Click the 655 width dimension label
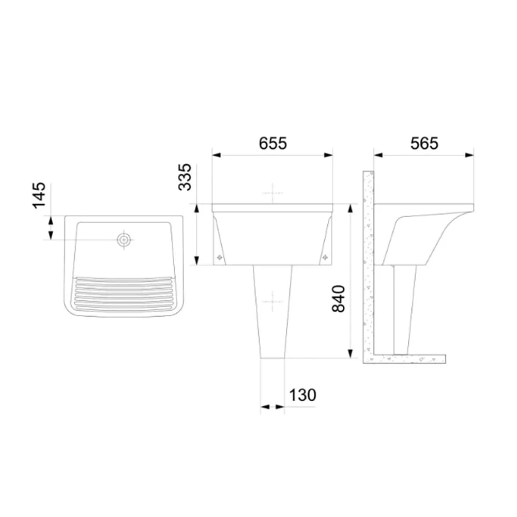(272, 143)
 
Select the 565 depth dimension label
(424, 143)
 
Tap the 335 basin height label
(185, 177)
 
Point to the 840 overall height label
(339, 299)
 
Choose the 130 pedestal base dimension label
(302, 394)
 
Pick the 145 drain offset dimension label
(39, 195)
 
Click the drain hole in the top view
(124, 240)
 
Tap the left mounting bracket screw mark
(219, 257)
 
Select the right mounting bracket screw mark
(325, 257)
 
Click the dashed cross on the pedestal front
(272, 301)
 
